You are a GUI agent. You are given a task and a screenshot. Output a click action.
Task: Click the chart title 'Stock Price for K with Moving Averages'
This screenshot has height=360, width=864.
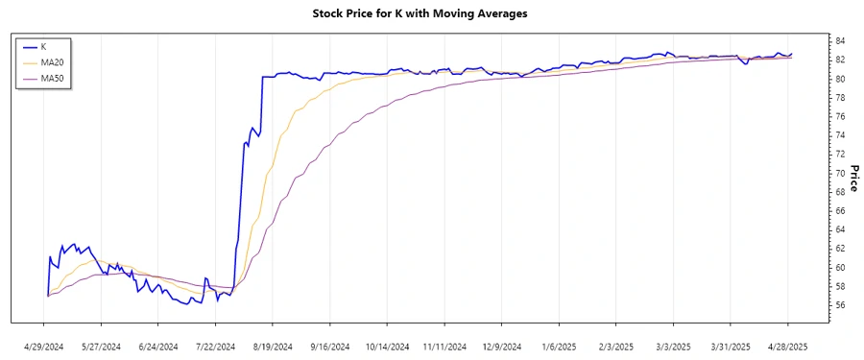(x=420, y=13)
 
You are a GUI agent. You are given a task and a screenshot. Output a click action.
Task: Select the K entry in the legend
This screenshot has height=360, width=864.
(x=44, y=45)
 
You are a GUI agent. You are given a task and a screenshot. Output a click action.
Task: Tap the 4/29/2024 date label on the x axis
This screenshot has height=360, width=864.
(x=46, y=347)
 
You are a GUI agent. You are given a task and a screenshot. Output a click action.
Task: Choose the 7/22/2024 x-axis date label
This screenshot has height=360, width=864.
(x=217, y=347)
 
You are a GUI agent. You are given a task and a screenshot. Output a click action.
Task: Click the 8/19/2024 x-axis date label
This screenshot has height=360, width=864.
(x=274, y=347)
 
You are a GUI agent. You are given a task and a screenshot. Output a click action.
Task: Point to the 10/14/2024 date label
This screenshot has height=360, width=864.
(x=388, y=347)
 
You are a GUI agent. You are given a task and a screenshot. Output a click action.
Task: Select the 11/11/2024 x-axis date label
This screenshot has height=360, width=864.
(x=444, y=347)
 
